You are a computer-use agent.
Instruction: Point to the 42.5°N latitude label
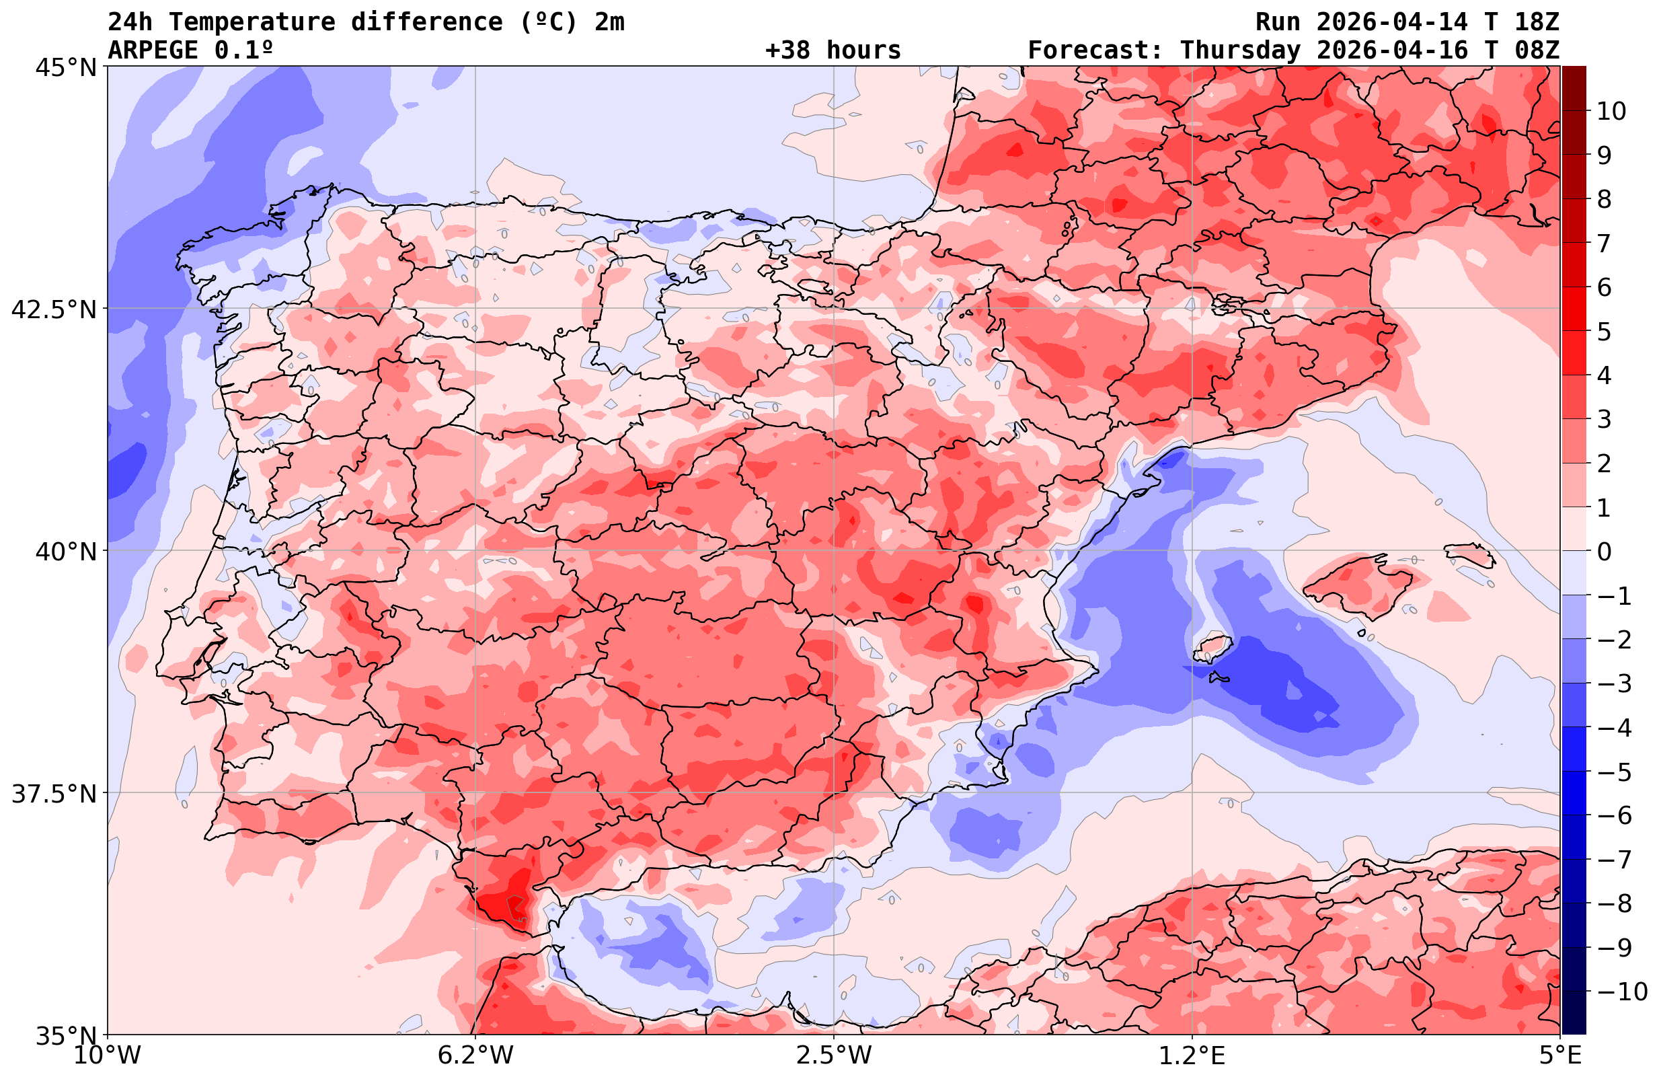coord(54,309)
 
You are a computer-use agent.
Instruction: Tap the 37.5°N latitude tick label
coord(54,794)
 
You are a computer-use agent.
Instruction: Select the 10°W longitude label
coord(108,1055)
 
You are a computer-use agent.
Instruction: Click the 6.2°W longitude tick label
coord(475,1055)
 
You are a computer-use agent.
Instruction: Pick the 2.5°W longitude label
coord(834,1055)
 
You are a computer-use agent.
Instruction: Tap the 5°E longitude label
coord(1560,1055)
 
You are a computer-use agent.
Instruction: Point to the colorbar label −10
coord(1621,991)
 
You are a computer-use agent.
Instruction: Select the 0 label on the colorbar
coord(1604,552)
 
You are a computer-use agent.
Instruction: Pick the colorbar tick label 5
coord(1604,332)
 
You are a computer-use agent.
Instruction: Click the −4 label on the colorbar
coord(1613,727)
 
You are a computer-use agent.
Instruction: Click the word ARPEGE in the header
coord(153,50)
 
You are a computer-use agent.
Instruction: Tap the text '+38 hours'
coord(833,50)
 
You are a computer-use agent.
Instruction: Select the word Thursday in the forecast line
coord(1240,50)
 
